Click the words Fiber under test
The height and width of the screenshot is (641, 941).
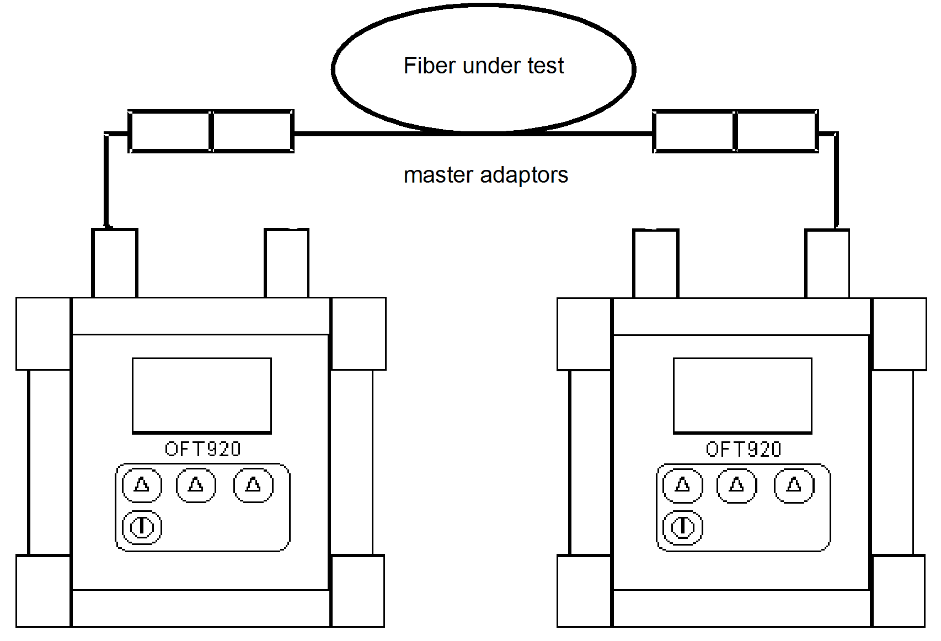point(484,66)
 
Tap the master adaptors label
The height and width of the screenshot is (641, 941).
point(485,175)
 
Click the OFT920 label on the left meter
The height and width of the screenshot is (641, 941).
point(202,449)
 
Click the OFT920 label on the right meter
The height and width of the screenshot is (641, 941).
point(743,449)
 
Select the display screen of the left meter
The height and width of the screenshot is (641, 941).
point(202,395)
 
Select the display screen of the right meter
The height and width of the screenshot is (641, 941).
point(742,395)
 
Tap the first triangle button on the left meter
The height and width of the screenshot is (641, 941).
point(142,485)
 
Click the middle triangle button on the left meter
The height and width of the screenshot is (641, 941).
point(196,485)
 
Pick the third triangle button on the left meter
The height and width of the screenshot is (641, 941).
point(253,485)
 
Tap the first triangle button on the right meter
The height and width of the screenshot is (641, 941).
point(682,485)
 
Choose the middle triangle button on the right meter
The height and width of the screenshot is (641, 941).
point(736,485)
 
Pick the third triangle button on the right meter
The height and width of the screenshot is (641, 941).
point(794,485)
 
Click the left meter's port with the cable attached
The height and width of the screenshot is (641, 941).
point(114,263)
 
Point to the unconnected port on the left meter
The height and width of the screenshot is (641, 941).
point(286,263)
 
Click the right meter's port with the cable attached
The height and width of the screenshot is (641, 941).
point(827,264)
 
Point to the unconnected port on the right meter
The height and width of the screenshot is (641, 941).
point(655,264)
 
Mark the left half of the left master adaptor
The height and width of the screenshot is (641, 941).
point(170,131)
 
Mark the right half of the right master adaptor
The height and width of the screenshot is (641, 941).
point(777,131)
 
